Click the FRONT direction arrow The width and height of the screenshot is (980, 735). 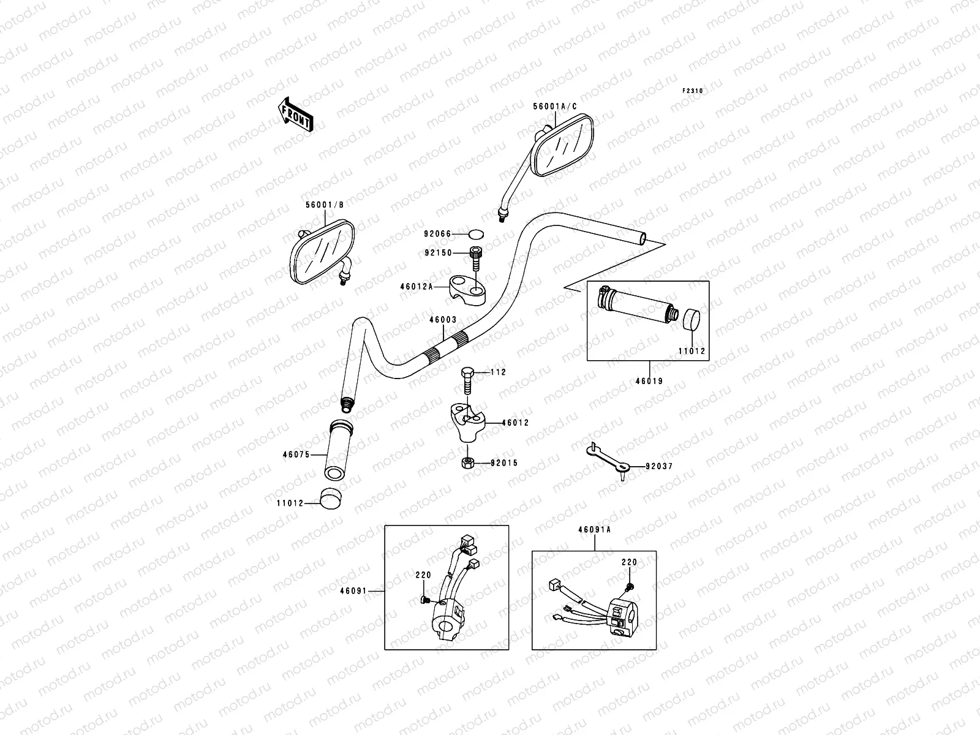tap(296, 114)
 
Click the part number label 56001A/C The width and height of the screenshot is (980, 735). tap(554, 106)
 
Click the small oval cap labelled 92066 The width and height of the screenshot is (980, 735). tap(476, 233)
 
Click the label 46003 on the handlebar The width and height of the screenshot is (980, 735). tap(442, 319)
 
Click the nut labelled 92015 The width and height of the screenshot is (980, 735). tap(467, 462)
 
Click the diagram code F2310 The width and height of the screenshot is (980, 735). tap(693, 91)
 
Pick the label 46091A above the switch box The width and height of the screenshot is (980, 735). tap(594, 530)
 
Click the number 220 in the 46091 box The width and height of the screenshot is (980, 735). tap(423, 575)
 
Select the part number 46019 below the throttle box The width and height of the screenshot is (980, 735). tap(649, 381)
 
